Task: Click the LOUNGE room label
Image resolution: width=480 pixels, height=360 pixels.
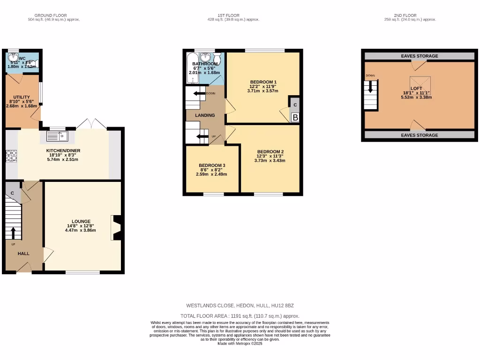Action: (x=81, y=221)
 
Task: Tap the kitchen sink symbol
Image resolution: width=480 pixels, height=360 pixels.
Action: (x=58, y=136)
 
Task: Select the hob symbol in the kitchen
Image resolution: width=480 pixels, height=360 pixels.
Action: (x=11, y=156)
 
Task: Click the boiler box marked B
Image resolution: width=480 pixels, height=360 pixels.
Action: (x=295, y=118)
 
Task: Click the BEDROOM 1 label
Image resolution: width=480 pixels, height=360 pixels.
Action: (x=263, y=81)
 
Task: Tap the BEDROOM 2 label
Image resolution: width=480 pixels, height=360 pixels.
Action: (x=270, y=151)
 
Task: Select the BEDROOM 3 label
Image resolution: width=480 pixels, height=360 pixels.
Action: (x=212, y=165)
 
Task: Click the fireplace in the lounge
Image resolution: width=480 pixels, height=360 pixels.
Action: (x=116, y=228)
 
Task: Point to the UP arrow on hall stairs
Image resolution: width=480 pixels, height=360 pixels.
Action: (x=13, y=232)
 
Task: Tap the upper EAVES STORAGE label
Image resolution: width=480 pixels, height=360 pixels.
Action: (x=420, y=56)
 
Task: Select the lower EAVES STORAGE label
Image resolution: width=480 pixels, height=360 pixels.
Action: (x=420, y=135)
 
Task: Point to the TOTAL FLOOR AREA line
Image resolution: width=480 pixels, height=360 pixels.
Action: (x=240, y=316)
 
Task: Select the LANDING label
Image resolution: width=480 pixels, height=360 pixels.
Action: (x=205, y=115)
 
